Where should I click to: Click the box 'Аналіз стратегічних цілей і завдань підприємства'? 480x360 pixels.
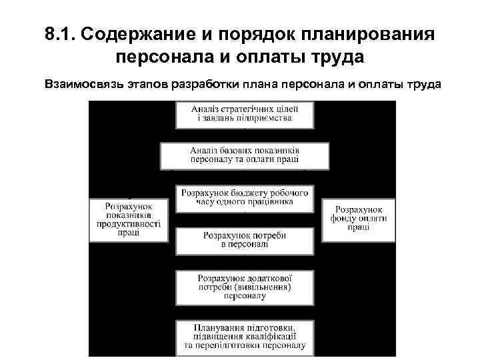244,114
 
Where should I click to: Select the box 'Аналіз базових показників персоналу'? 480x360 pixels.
244,155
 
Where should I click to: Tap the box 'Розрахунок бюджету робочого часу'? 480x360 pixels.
244,197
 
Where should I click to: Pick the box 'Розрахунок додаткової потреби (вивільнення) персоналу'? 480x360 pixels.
244,285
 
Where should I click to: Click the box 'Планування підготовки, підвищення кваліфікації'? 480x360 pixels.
244,336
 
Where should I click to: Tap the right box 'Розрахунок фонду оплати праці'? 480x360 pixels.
358,218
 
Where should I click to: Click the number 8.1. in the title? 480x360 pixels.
63,35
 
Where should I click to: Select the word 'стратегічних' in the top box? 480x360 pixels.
253,109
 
